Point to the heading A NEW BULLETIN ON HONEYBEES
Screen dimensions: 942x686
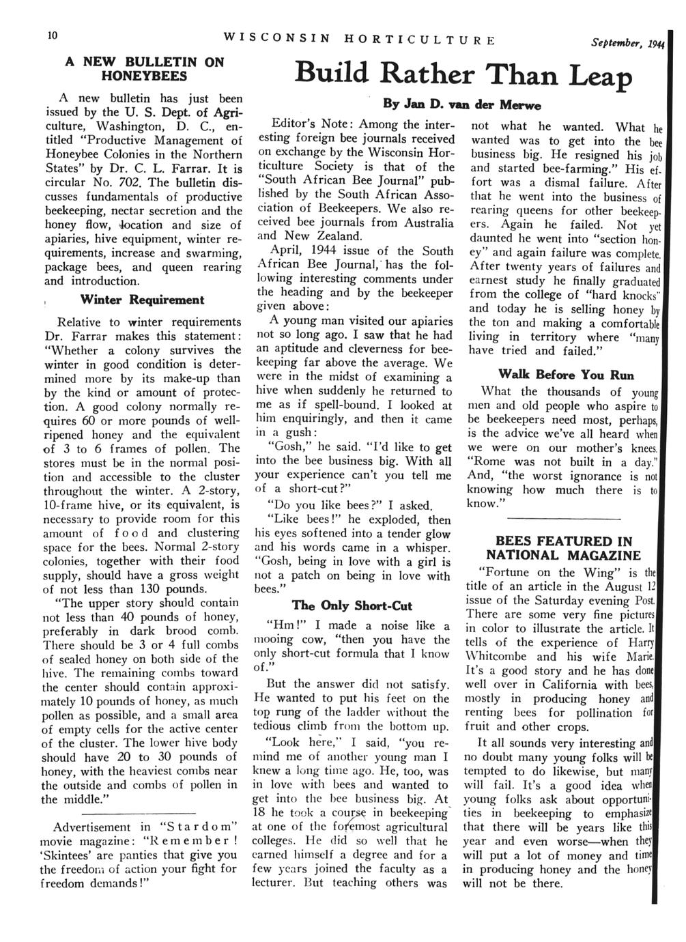(x=145, y=68)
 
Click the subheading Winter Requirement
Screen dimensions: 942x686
(x=142, y=300)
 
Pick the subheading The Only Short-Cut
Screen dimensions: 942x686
(x=352, y=605)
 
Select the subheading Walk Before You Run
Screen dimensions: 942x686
(x=566, y=375)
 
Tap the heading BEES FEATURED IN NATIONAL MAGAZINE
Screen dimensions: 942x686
(x=564, y=548)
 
